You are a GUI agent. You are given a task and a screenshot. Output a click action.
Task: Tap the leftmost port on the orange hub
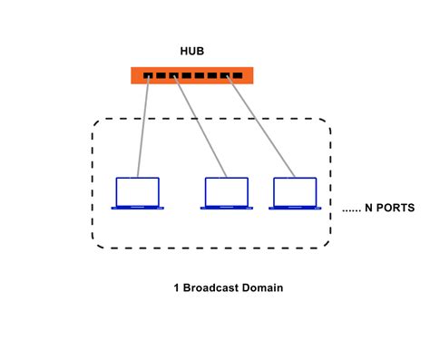pos(147,76)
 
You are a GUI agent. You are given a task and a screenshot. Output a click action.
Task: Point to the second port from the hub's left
pos(160,76)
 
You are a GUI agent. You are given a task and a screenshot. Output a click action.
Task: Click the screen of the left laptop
pos(138,190)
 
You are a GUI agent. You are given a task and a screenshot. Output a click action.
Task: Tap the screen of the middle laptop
pos(226,190)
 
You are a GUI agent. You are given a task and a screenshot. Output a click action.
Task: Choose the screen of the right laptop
pos(295,190)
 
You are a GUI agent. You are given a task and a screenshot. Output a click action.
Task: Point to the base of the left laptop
pos(138,208)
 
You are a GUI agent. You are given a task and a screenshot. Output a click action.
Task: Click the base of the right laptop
pos(295,208)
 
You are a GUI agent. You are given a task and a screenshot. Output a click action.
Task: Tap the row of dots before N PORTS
pos(352,210)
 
